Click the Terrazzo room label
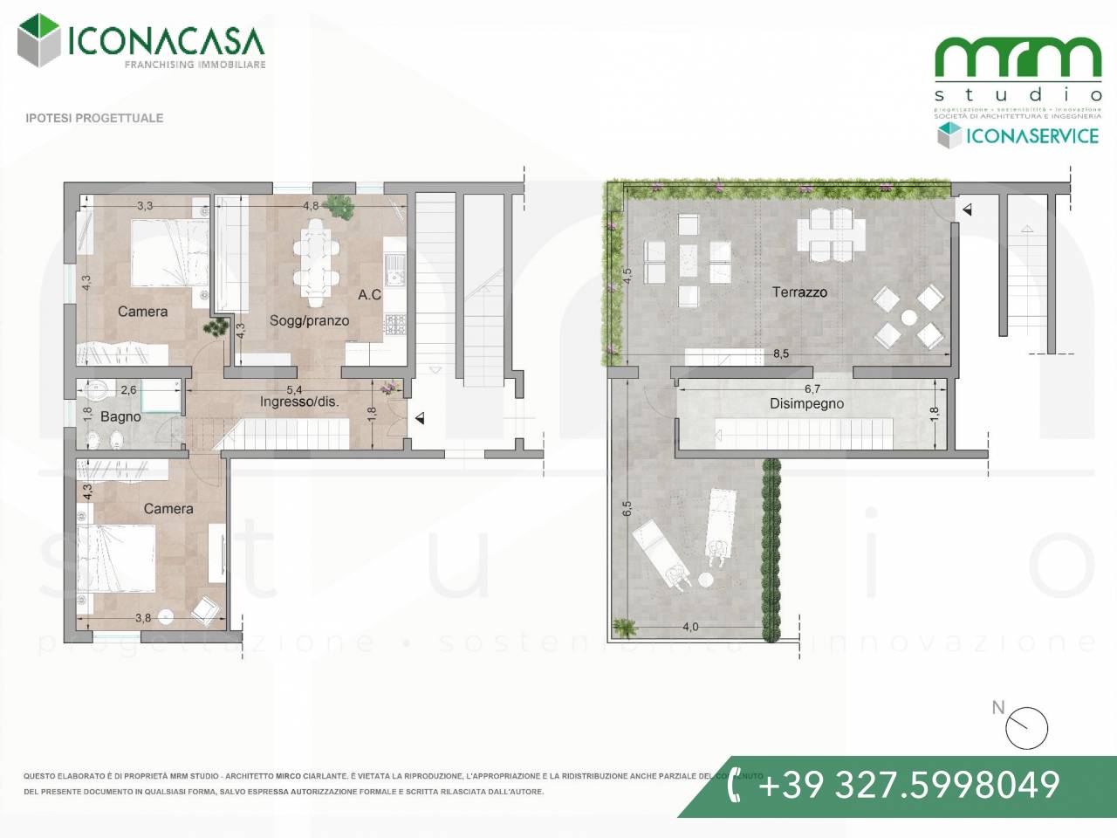pyautogui.click(x=799, y=292)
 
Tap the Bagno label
pyautogui.click(x=120, y=417)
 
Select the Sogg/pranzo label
pyautogui.click(x=309, y=320)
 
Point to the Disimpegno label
pyautogui.click(x=806, y=404)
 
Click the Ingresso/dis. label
pyautogui.click(x=299, y=402)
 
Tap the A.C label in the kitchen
pyautogui.click(x=369, y=295)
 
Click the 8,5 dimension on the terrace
pyautogui.click(x=780, y=354)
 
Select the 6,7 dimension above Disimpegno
pyautogui.click(x=812, y=389)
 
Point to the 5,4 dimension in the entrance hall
pyautogui.click(x=294, y=389)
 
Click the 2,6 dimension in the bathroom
pyautogui.click(x=128, y=390)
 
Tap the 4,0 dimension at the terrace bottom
pyautogui.click(x=689, y=627)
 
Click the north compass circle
pyautogui.click(x=1027, y=729)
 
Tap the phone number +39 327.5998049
pyautogui.click(x=908, y=785)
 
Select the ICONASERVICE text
pyautogui.click(x=1031, y=136)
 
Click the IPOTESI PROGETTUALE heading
pyautogui.click(x=94, y=118)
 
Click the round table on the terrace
pyautogui.click(x=909, y=317)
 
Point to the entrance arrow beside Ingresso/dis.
pyautogui.click(x=420, y=419)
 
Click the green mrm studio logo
pyautogui.click(x=1018, y=59)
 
